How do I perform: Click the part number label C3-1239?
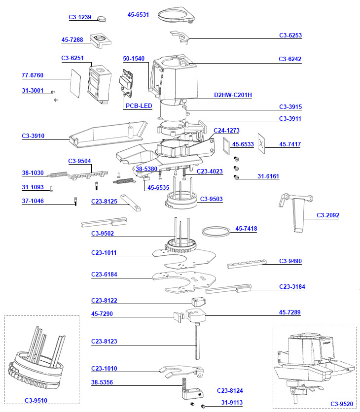tap(79, 17)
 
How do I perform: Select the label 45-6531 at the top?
tap(138, 15)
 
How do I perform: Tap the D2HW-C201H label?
tap(233, 95)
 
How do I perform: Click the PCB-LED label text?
tap(139, 106)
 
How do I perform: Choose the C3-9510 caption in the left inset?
tap(36, 400)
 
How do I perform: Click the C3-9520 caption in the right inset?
tap(342, 404)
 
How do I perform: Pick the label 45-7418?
tap(246, 229)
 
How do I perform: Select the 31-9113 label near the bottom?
tap(232, 403)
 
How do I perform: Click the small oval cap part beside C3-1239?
tap(102, 18)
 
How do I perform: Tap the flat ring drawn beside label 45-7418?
tap(216, 231)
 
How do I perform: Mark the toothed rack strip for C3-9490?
tap(247, 263)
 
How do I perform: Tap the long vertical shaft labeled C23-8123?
tap(198, 340)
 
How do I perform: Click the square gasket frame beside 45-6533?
tap(227, 144)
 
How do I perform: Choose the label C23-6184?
tap(104, 275)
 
